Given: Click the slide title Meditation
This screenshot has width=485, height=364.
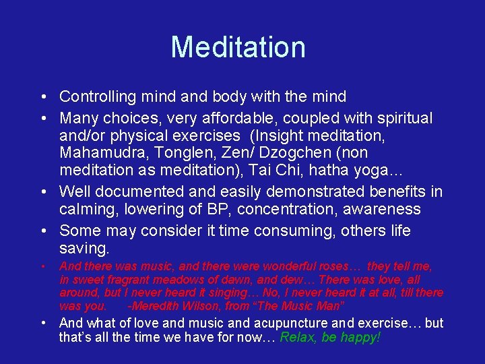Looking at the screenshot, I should [x=238, y=47].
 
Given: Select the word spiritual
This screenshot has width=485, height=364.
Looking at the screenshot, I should [x=401, y=119].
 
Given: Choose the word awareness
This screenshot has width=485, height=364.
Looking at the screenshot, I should [x=381, y=210].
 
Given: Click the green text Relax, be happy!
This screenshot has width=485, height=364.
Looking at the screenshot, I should [x=330, y=336].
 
